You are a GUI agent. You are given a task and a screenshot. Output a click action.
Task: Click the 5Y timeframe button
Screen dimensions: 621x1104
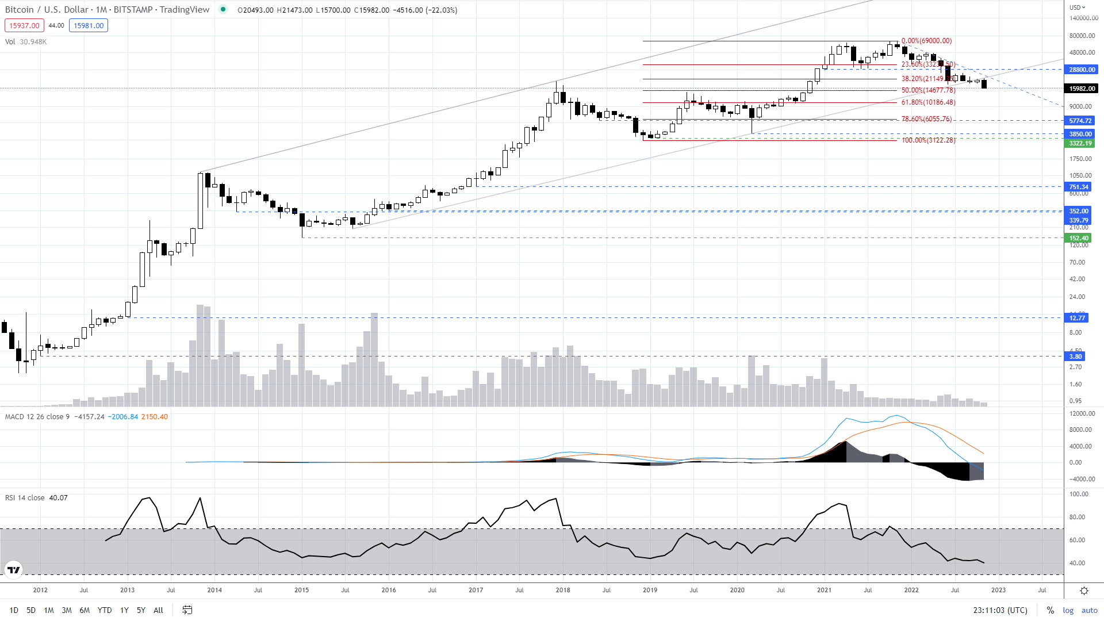point(141,610)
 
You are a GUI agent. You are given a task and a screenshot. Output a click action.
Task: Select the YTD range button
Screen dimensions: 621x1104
point(105,610)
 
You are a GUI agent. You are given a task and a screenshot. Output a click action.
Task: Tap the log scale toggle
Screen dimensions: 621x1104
point(1068,610)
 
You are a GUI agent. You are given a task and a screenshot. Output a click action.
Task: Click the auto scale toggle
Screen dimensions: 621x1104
point(1089,610)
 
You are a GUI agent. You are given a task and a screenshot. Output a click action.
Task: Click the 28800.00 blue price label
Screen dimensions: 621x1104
point(1082,70)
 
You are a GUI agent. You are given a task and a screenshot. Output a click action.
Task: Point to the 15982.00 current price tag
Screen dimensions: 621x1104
point(1082,89)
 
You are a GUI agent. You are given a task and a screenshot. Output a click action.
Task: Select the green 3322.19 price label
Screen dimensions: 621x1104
point(1080,143)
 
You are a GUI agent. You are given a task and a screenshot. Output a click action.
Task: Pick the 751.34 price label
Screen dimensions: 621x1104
point(1079,187)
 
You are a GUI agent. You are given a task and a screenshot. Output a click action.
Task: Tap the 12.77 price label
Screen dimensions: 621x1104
point(1077,318)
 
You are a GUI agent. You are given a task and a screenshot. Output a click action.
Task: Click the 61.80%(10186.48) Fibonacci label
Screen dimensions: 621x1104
point(928,102)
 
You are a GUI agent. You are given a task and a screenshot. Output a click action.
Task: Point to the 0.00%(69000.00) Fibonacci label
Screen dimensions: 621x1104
point(926,41)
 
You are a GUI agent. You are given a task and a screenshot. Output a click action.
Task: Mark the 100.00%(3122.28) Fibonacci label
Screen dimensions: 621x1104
point(928,140)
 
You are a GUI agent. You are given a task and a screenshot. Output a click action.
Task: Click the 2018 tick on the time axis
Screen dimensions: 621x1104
point(563,590)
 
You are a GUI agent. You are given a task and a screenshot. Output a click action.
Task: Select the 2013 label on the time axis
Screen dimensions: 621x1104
point(127,590)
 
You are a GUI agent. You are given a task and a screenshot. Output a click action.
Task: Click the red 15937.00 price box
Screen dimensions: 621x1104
point(24,25)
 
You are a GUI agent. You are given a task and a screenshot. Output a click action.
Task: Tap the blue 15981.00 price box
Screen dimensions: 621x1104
point(89,25)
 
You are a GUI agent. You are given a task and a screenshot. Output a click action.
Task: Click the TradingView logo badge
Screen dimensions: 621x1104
point(13,570)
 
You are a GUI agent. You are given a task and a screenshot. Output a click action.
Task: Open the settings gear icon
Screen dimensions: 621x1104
point(1084,591)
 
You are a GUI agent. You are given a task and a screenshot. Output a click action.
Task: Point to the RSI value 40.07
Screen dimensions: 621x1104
point(58,498)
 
